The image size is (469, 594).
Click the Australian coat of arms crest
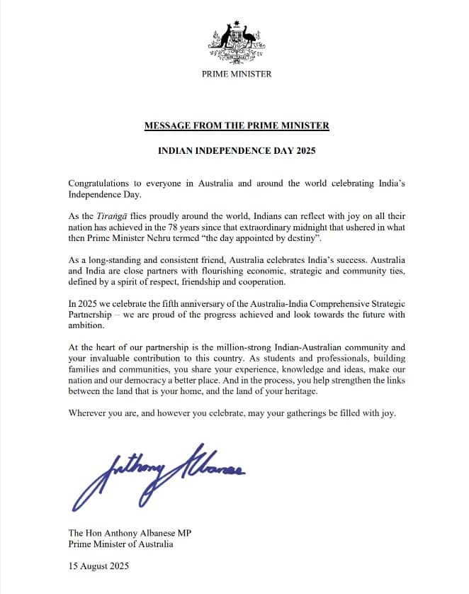[x=236, y=43]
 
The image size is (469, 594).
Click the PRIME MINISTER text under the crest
[x=237, y=74]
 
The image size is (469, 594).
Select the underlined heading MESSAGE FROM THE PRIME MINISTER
[x=237, y=126]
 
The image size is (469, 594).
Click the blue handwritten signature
[x=163, y=474]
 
